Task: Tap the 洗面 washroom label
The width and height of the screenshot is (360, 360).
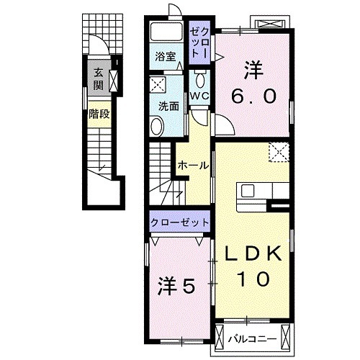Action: pos(168,104)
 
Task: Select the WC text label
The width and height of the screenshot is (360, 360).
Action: pos(199,95)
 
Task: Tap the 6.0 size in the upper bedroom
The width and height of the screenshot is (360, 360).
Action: pos(253,96)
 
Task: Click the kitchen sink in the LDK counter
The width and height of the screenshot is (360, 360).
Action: pos(249,191)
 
